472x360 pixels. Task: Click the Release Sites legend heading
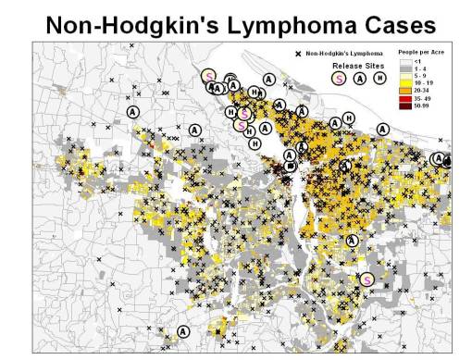tap(353, 67)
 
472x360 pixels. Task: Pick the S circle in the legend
tap(339, 80)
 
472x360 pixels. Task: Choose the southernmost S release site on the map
tap(366, 279)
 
